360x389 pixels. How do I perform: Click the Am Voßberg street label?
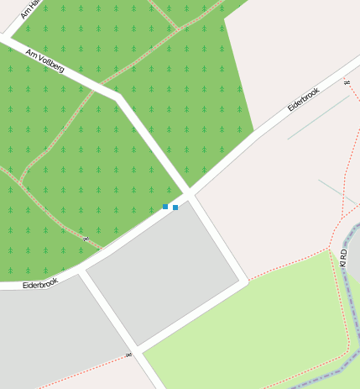coord(44,60)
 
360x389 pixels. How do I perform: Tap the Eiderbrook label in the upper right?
coord(304,98)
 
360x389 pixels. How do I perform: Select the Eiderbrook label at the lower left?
coord(39,283)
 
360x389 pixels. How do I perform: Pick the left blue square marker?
coord(165,207)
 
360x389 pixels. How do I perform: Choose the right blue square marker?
coord(175,207)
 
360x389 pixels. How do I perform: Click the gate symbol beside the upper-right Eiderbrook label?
coord(347,82)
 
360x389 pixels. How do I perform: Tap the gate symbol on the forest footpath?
coord(85,239)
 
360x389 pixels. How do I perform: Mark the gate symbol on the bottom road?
coord(128,355)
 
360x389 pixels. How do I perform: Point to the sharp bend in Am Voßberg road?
coord(118,97)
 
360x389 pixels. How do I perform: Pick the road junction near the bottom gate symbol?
coord(137,350)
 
